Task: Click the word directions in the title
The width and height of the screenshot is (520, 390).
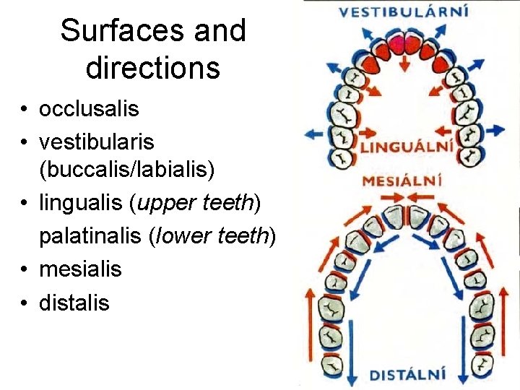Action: [152, 68]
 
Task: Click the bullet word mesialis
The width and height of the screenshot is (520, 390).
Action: [80, 269]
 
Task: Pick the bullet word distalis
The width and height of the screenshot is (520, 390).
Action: [74, 302]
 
